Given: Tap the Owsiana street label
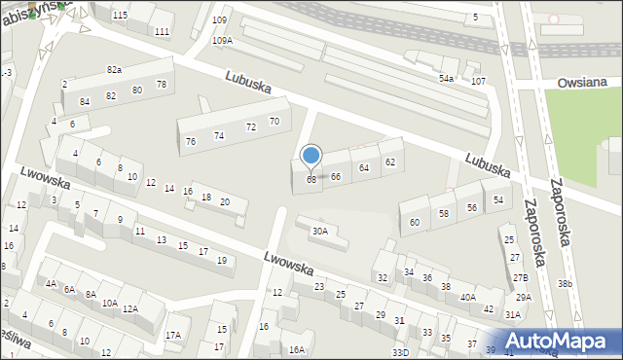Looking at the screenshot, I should coord(583,84).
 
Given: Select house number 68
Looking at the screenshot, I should coord(311,179).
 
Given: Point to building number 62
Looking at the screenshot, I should coord(390,162).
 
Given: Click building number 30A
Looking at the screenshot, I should coord(319,231).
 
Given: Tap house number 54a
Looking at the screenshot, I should coord(446,78).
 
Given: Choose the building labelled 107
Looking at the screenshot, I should coord(478,81).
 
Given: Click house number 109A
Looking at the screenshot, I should coord(223,40).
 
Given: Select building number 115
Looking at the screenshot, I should coord(120,16).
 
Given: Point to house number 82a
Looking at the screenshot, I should coord(114,70).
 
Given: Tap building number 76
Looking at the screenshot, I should coord(191,141).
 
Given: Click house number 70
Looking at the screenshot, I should coord(275,121).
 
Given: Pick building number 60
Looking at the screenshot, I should coord(415,222).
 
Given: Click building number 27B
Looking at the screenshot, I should coord(520,277).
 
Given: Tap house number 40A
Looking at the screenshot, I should coord(468,297).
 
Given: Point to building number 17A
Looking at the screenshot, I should coord(172,336).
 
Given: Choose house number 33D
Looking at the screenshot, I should coord(400,352).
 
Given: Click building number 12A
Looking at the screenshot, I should coord(130,308).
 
